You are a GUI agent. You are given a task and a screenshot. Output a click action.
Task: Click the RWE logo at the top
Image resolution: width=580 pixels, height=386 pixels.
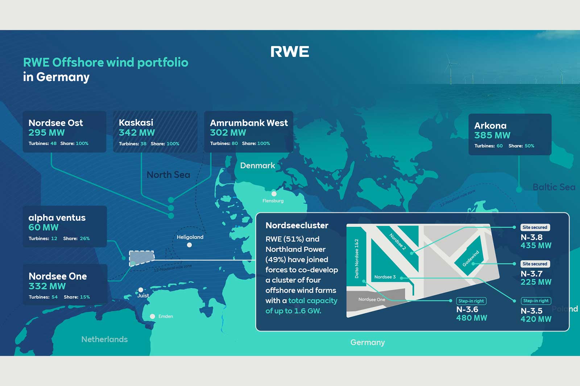point(290,52)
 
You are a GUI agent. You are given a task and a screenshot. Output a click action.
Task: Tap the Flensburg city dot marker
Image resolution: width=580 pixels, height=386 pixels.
point(274,194)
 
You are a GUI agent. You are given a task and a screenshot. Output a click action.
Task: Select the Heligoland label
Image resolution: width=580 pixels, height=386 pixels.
point(190,237)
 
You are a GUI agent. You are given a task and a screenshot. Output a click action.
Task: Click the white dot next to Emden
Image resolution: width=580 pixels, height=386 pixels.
point(153,316)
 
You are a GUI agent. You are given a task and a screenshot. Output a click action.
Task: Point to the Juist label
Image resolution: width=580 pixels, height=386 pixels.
point(143,295)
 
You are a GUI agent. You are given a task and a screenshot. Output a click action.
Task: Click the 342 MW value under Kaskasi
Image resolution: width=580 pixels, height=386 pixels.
point(137,133)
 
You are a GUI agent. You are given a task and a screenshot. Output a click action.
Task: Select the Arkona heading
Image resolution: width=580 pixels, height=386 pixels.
point(490,126)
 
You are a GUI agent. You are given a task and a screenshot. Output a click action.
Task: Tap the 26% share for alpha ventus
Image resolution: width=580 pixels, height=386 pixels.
point(85,238)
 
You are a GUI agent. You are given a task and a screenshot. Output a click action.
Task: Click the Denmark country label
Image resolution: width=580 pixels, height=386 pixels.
point(257,165)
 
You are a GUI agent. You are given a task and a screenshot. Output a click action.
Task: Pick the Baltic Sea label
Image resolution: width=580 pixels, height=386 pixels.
point(554,187)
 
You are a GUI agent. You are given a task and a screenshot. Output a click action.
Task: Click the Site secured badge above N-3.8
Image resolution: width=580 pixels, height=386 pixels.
point(535,227)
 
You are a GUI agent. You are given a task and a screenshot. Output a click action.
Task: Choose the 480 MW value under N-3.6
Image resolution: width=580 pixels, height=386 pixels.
point(471,318)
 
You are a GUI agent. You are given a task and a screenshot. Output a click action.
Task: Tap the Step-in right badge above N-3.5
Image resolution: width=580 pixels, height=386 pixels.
point(536,301)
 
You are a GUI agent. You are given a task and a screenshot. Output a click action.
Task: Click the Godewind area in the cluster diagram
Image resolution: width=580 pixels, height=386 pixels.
point(471,258)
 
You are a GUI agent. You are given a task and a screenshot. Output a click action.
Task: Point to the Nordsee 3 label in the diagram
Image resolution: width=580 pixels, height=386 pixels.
point(385,277)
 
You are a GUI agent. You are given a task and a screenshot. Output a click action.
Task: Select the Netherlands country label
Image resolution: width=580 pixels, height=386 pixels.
point(104,339)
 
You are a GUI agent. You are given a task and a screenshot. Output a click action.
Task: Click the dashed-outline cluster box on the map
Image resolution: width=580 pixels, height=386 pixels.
point(142,258)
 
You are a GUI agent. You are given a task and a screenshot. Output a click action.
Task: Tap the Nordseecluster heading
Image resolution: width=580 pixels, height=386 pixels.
point(297,225)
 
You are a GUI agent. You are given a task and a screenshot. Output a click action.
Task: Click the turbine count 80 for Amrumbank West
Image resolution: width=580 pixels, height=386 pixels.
point(235,143)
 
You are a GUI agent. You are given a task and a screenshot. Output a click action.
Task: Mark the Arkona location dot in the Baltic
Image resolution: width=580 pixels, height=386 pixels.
point(519,189)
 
